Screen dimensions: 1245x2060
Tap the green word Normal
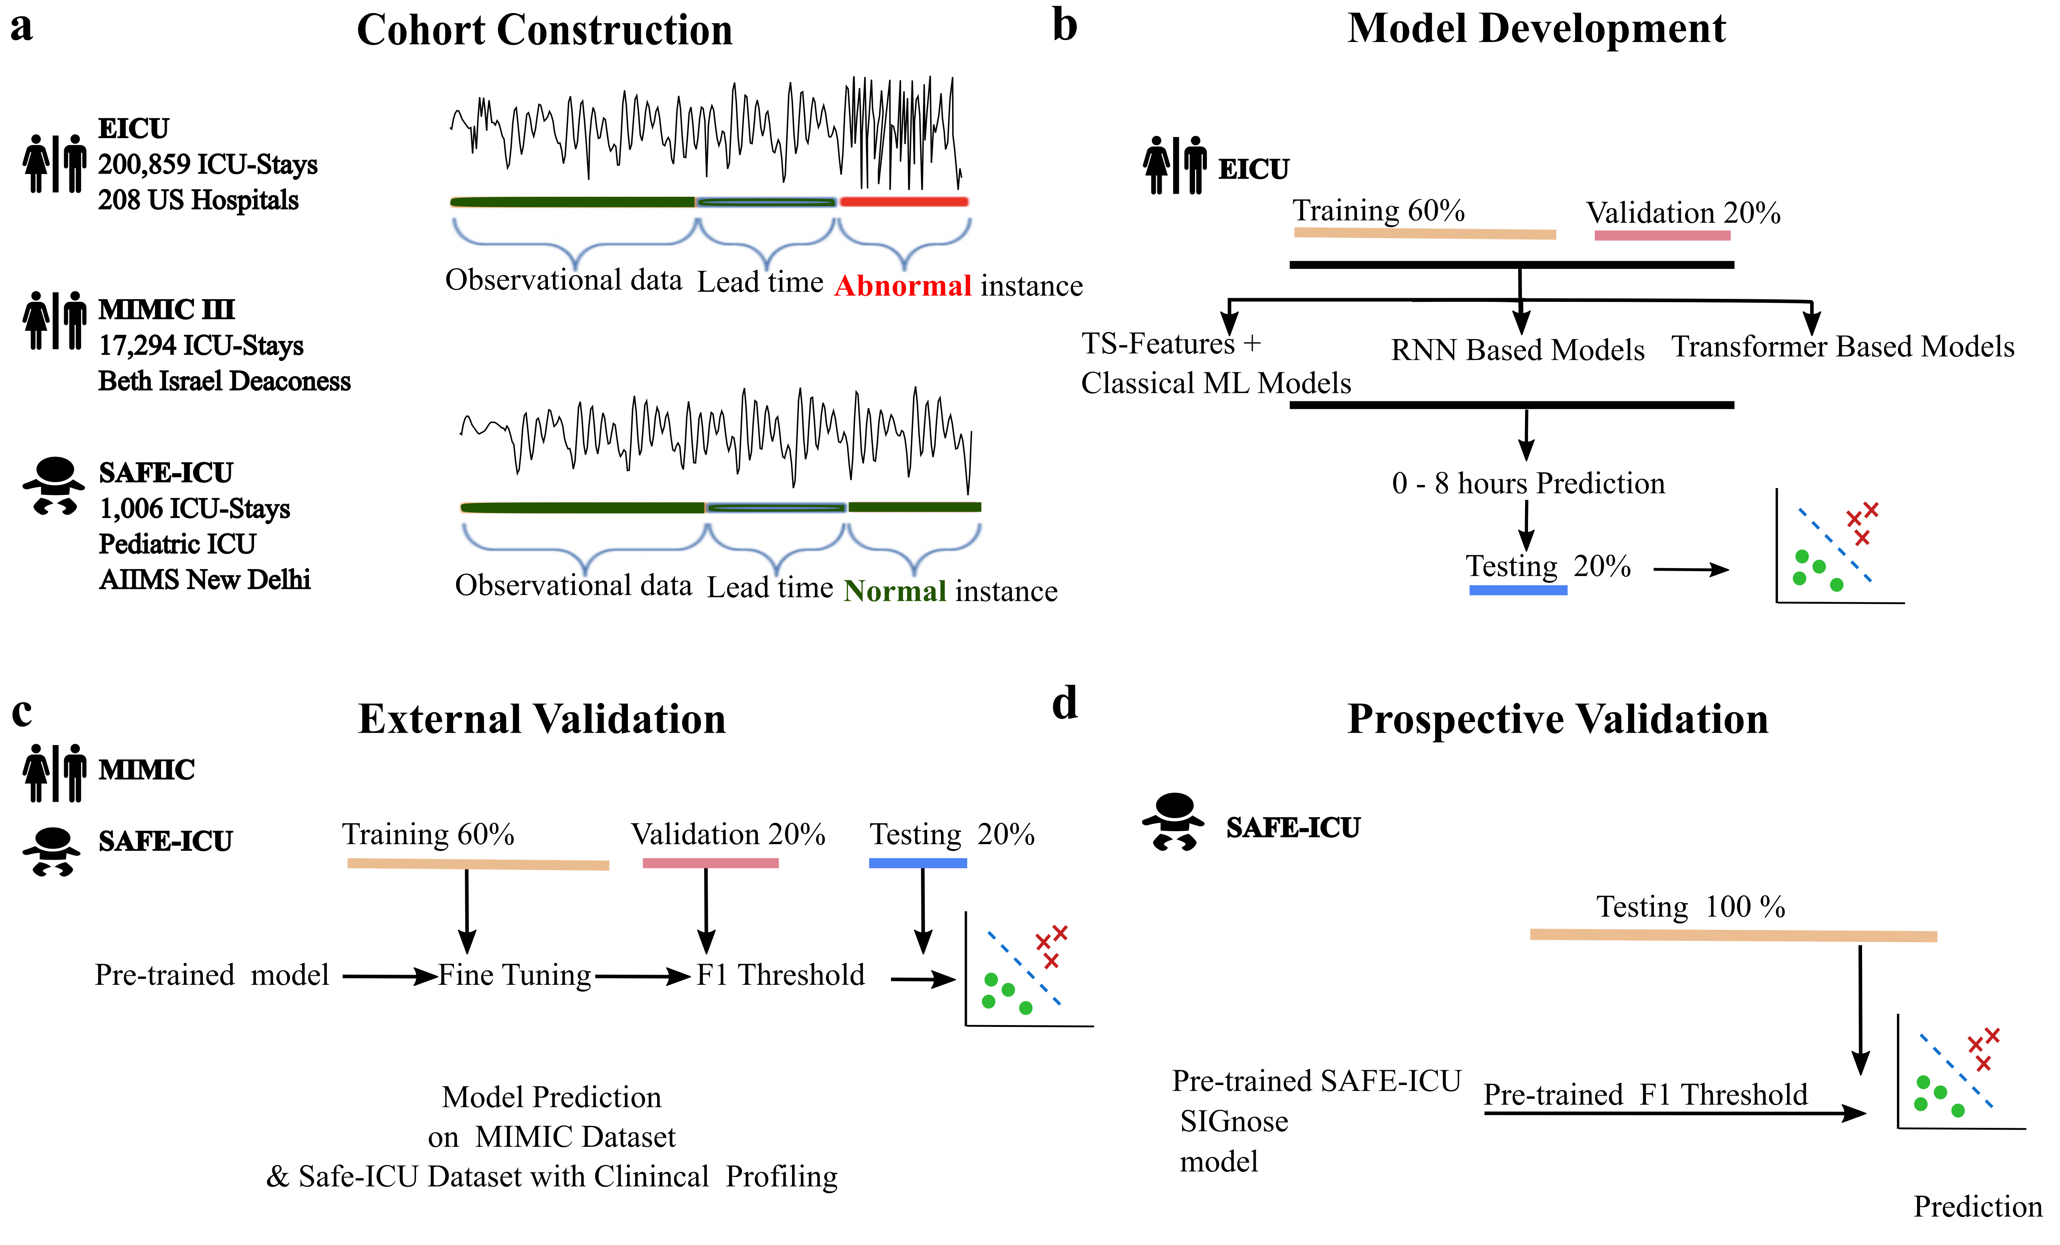coord(894,591)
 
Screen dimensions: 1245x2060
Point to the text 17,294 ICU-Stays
coord(201,345)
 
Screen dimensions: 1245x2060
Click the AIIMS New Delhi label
coord(205,579)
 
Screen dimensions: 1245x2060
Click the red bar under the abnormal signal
coord(904,201)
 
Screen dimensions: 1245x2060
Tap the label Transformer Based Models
coord(1843,346)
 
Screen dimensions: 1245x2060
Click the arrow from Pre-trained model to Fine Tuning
coord(389,976)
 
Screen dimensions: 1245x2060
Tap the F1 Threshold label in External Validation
coord(780,975)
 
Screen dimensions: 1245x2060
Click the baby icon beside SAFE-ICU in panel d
coord(1174,821)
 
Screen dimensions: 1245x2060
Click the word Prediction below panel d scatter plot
coord(1977,1207)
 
